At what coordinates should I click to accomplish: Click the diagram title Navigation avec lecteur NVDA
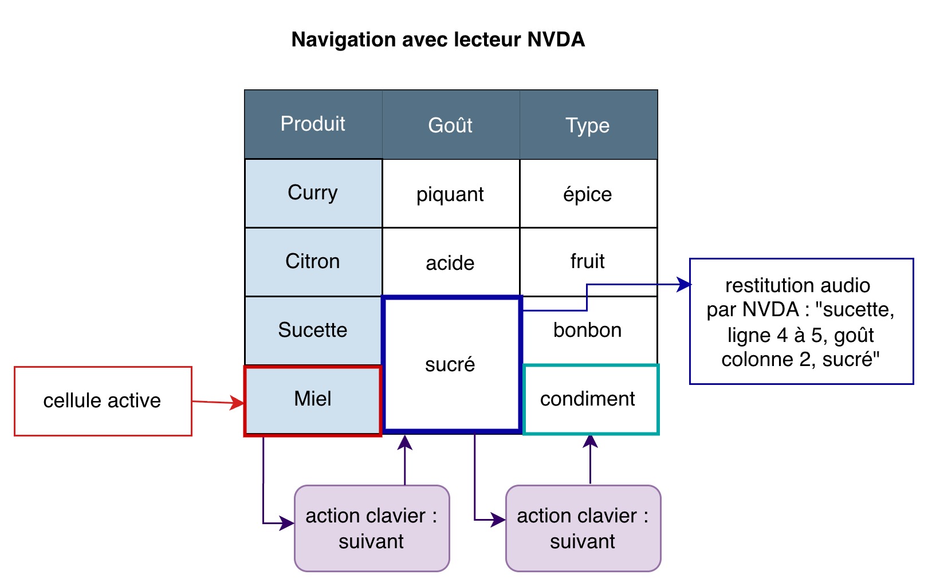pos(438,40)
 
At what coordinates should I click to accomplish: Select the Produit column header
pos(313,124)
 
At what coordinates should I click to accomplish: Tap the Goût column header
pos(450,125)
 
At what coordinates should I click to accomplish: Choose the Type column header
pos(588,125)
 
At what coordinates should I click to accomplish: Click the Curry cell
pos(313,193)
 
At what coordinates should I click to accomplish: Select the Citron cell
pos(313,262)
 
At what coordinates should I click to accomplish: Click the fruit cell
pos(588,262)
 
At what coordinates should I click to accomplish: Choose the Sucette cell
pos(313,331)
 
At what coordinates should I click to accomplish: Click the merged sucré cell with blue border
pos(451,364)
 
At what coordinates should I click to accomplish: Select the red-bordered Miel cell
pos(313,399)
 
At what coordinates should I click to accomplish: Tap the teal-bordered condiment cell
pos(590,399)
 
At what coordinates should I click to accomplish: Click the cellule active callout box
pos(103,401)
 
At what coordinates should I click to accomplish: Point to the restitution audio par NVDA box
pos(801,321)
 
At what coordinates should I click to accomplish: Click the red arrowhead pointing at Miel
pos(238,403)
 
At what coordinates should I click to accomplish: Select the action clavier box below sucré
pos(371,528)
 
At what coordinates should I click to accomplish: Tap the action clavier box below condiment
pos(583,528)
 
